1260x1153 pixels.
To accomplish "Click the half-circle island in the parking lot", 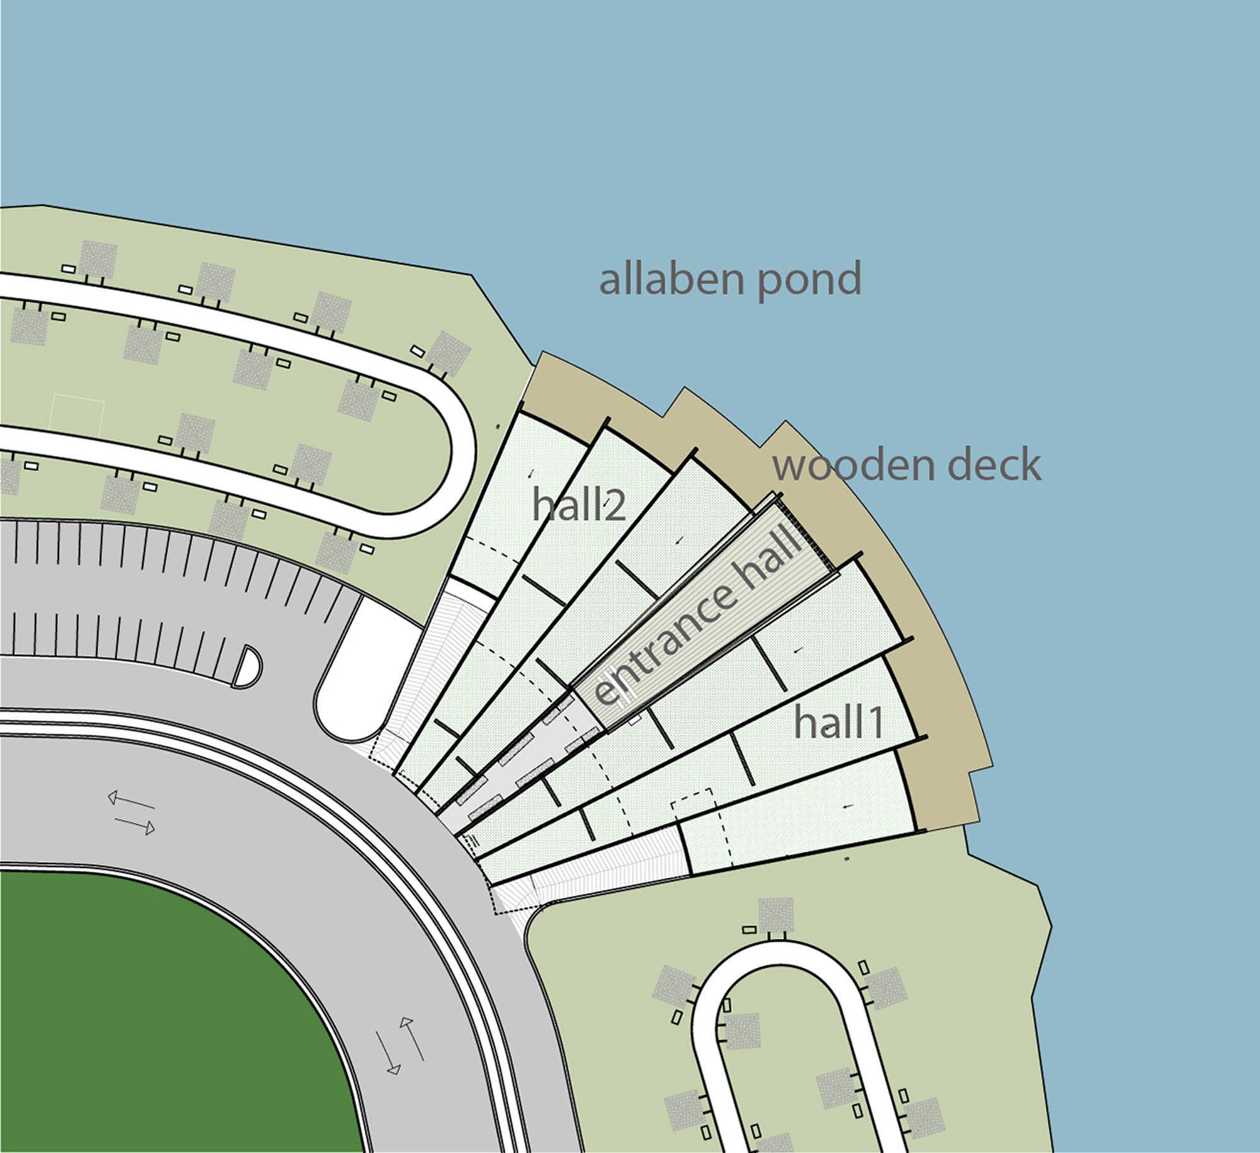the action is click(x=246, y=666).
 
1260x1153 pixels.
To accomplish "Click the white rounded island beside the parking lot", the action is click(x=356, y=668).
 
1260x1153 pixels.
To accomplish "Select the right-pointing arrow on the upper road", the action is click(x=134, y=825).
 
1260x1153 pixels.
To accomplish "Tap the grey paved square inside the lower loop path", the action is click(x=741, y=1031).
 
